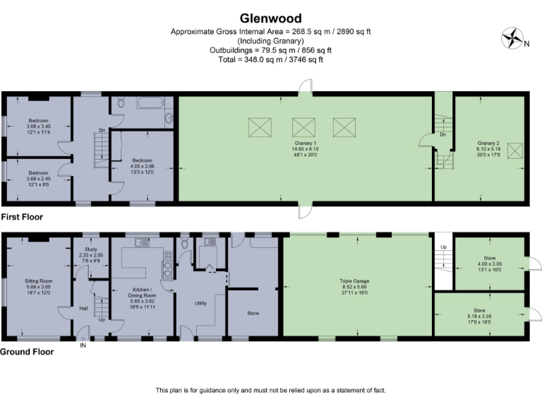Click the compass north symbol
(510, 39)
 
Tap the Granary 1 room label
(306, 143)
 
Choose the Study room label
(90, 249)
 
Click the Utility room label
(201, 303)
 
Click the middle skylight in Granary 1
(304, 126)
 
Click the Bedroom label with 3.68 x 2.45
(38, 173)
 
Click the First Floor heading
(22, 218)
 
